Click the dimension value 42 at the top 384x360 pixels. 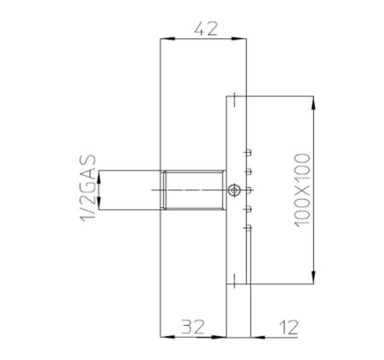coord(206,27)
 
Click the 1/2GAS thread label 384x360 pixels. coord(85,189)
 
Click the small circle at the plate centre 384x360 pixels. coord(233,189)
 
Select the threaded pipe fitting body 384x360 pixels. coord(195,189)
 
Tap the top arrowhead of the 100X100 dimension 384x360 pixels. coord(316,103)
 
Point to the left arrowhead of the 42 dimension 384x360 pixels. coord(166,38)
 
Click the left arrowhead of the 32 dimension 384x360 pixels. coord(166,335)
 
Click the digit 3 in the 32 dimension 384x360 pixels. coord(185,325)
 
